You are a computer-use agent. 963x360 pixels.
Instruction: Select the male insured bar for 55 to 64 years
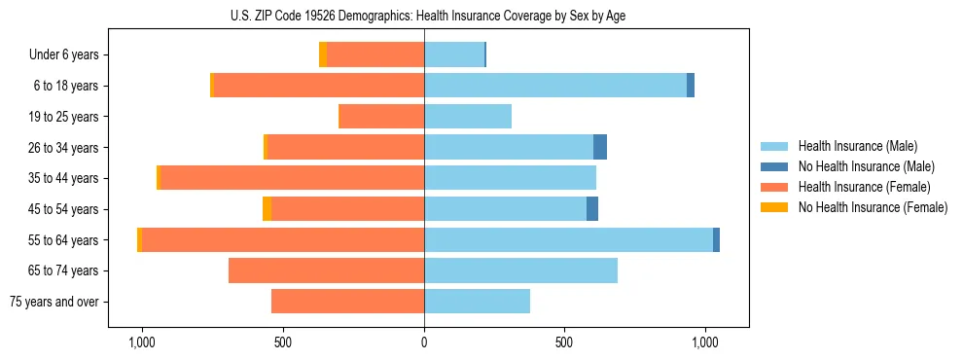click(568, 239)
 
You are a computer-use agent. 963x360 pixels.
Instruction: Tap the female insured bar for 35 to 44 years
click(292, 178)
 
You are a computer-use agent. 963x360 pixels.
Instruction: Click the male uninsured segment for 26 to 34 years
click(600, 147)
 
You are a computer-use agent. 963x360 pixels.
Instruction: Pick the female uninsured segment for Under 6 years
click(323, 54)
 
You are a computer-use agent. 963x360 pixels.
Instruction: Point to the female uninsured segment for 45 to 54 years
click(267, 209)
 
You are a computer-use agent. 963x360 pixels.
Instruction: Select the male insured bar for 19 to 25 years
click(468, 117)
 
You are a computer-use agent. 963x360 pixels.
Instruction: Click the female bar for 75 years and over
click(347, 302)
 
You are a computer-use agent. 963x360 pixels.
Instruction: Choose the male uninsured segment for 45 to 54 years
click(592, 209)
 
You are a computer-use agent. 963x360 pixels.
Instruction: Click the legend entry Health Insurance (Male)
click(857, 146)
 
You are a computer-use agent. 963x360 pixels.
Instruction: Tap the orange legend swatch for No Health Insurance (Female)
click(775, 207)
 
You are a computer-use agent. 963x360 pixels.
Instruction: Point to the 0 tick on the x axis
click(424, 342)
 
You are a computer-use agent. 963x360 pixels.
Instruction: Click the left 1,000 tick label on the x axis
click(142, 342)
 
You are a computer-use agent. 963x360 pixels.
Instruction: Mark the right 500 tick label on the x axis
click(564, 342)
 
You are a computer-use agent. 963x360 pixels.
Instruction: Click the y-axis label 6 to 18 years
click(66, 86)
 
